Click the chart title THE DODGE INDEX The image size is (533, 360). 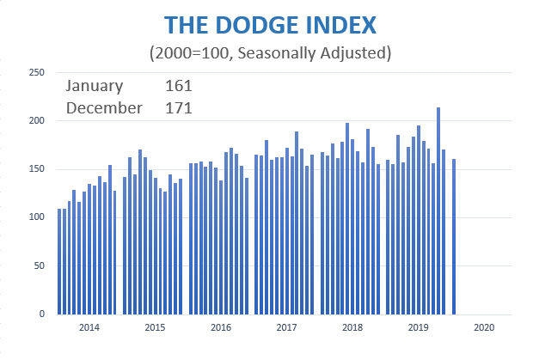(x=270, y=22)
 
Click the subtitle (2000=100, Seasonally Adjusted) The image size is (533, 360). (x=270, y=53)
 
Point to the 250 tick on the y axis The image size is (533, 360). (x=36, y=73)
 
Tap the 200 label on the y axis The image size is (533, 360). (x=36, y=121)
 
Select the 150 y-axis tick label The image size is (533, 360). (x=36, y=169)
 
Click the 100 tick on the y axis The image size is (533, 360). (x=36, y=217)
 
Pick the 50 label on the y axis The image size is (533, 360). (x=39, y=266)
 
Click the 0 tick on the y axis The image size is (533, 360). (x=41, y=314)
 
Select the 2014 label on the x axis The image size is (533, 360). (x=89, y=327)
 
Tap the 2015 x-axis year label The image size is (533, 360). (x=154, y=327)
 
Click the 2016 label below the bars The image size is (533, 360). (x=220, y=327)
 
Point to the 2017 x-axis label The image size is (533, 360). (x=286, y=327)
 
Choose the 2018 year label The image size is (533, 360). (x=352, y=327)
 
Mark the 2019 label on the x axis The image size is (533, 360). (x=418, y=327)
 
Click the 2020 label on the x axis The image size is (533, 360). (x=483, y=327)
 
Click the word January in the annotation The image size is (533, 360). (x=95, y=86)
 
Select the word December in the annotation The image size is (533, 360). (x=104, y=107)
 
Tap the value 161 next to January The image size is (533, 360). (x=178, y=86)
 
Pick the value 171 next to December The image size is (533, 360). (x=178, y=107)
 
